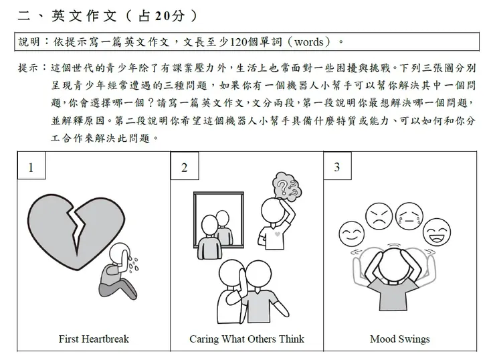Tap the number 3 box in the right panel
click(x=336, y=167)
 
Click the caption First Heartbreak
click(x=94, y=339)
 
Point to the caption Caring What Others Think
click(x=247, y=339)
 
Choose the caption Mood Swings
click(x=400, y=339)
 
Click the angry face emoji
click(x=379, y=213)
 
